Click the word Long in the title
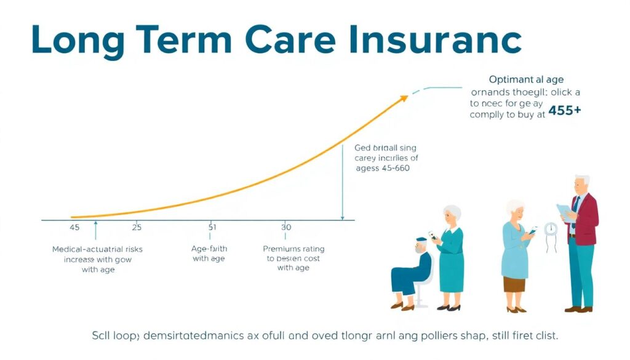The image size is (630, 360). pyautogui.click(x=68, y=40)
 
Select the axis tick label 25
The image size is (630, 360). pyautogui.click(x=137, y=227)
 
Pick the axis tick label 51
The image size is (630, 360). pyautogui.click(x=212, y=227)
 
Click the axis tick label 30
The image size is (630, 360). pyautogui.click(x=286, y=227)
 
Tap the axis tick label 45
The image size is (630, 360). pyautogui.click(x=74, y=227)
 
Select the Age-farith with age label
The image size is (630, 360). pyautogui.click(x=210, y=254)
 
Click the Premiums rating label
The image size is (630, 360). pyautogui.click(x=293, y=249)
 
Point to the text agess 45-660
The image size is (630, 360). pyautogui.click(x=383, y=167)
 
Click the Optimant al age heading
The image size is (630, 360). pyautogui.click(x=526, y=79)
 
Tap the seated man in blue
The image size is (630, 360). pyautogui.click(x=413, y=271)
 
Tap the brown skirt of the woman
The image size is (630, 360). pyautogui.click(x=514, y=284)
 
